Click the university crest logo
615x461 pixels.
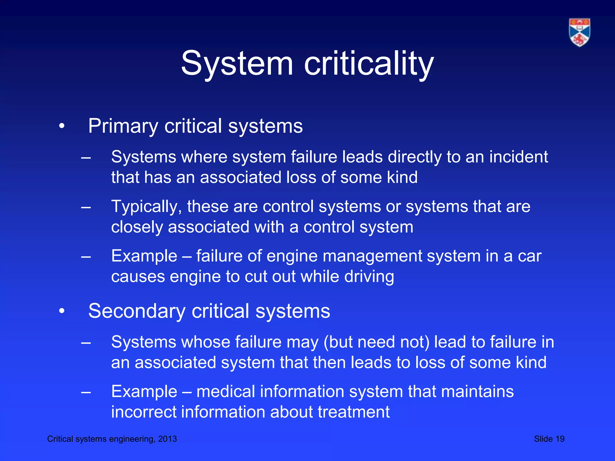pos(579,32)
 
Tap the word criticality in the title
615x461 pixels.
pos(369,64)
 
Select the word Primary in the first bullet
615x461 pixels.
pos(123,126)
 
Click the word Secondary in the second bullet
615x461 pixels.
pos(137,311)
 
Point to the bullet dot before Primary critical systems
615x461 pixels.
pos(62,126)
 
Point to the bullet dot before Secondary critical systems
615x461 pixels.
pos(62,311)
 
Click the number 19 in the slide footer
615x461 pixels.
pos(560,439)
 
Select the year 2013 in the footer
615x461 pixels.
pos(167,439)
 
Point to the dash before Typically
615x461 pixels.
pos(86,207)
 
